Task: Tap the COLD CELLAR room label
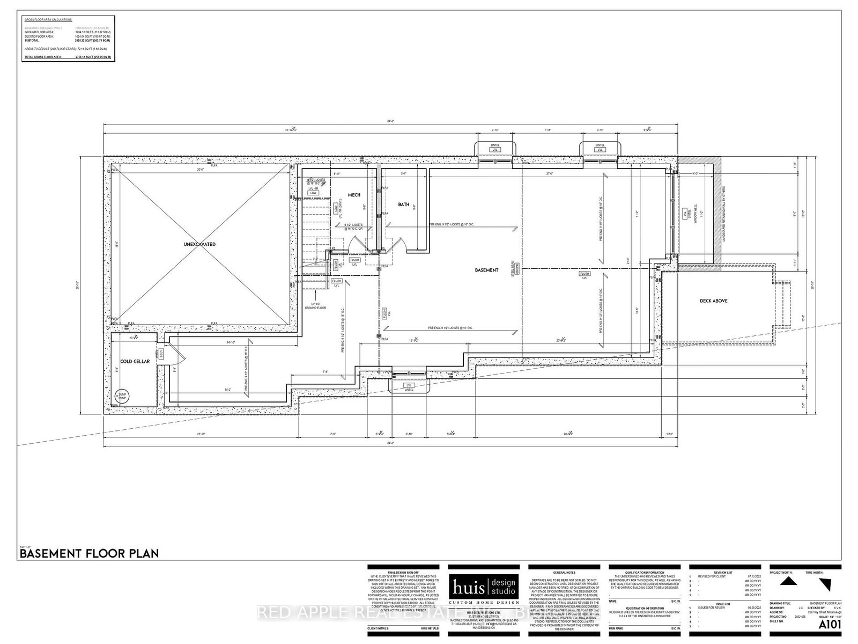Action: tap(135, 362)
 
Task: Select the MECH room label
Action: tap(354, 195)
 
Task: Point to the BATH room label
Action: tap(403, 204)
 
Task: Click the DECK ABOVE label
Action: tap(713, 301)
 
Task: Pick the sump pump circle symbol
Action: tap(121, 397)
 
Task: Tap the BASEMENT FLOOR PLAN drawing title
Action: tap(89, 553)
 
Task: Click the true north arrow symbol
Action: tap(825, 583)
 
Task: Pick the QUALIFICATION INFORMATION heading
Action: tap(644, 573)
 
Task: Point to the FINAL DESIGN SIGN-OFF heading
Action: tap(402, 573)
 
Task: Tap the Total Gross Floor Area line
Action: tap(67, 56)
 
